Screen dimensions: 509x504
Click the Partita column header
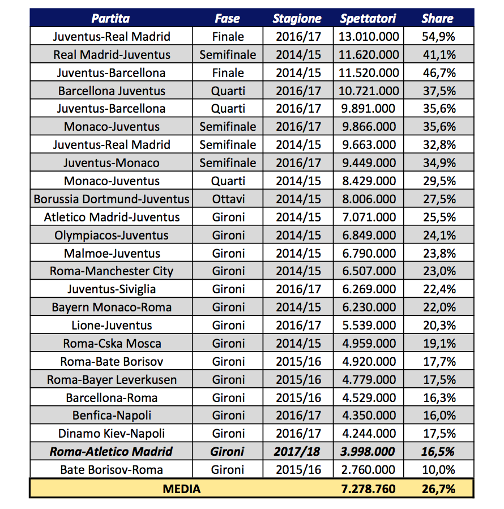pyautogui.click(x=111, y=19)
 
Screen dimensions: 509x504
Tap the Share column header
pyautogui.click(x=437, y=19)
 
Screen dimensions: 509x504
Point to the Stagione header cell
pyautogui.click(x=297, y=19)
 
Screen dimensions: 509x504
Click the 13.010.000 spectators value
pyautogui.click(x=369, y=37)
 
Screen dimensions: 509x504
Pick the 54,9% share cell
pyautogui.click(x=439, y=37)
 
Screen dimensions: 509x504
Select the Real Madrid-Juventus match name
pyautogui.click(x=112, y=55)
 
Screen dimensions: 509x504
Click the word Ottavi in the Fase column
pyautogui.click(x=229, y=199)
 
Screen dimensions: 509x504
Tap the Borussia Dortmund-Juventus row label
pyautogui.click(x=112, y=199)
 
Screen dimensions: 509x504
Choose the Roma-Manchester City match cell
pyautogui.click(x=112, y=271)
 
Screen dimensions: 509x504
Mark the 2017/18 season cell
pyautogui.click(x=297, y=451)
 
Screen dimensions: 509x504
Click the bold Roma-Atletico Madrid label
pyautogui.click(x=112, y=451)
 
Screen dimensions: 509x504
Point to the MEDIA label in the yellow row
pyautogui.click(x=181, y=488)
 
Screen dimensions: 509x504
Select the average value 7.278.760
pyautogui.click(x=369, y=488)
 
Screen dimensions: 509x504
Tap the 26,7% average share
pyautogui.click(x=439, y=488)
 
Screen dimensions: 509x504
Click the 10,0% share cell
pyautogui.click(x=439, y=469)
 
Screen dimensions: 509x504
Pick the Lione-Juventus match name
pyautogui.click(x=112, y=326)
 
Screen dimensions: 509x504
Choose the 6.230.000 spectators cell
pyautogui.click(x=369, y=307)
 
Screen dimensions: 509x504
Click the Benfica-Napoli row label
pyautogui.click(x=112, y=416)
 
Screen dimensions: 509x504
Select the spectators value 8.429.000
pyautogui.click(x=369, y=181)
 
